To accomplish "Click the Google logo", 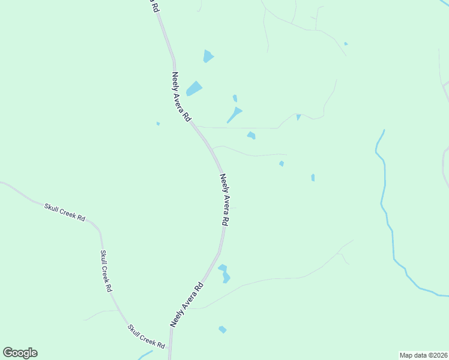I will (x=20, y=353).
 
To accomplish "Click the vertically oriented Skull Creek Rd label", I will (x=106, y=271).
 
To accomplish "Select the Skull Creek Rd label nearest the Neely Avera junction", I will (x=146, y=337).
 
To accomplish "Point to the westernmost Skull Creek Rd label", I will (x=64, y=212).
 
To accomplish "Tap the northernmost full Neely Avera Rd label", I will (x=181, y=97).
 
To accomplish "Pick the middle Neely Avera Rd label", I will (x=224, y=199).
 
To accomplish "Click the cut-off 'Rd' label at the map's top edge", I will (x=155, y=6).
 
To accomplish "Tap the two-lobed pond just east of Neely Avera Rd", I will (x=224, y=273).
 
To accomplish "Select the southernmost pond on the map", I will (x=223, y=329).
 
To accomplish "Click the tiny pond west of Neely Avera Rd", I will (x=158, y=124).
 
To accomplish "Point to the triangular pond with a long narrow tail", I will (x=235, y=113).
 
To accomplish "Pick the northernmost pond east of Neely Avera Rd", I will (x=208, y=56).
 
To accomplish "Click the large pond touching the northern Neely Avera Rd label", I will (x=194, y=89).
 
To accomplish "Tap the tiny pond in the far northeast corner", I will (x=346, y=44).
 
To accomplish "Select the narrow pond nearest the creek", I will (x=313, y=178).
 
